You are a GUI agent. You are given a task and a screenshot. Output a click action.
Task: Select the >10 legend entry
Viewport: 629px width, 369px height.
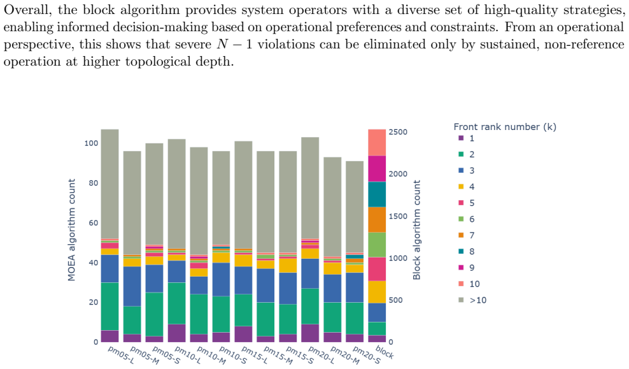pos(472,300)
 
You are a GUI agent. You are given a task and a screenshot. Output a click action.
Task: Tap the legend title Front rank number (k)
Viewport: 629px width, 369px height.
pos(505,127)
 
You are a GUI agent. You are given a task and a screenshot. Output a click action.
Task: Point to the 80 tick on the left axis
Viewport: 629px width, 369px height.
pos(94,183)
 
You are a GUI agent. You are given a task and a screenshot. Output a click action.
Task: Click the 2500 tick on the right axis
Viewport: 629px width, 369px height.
pos(397,132)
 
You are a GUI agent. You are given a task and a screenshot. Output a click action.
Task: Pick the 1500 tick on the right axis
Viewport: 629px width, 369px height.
pos(397,217)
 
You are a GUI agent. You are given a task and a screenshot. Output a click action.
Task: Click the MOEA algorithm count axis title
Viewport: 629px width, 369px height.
pos(71,230)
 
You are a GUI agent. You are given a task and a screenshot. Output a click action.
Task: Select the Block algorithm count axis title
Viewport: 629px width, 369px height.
pos(417,230)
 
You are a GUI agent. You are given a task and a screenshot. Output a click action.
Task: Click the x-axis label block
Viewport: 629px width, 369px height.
pos(385,352)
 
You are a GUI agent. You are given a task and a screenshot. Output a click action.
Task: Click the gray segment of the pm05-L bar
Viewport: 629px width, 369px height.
pos(110,184)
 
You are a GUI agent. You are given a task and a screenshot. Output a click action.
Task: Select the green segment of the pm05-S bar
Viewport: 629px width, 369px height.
pos(154,314)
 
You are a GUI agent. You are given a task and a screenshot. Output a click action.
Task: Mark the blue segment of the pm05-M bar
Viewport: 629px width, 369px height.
pos(132,286)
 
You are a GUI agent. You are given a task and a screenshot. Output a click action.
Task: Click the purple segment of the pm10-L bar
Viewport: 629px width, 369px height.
pos(176,333)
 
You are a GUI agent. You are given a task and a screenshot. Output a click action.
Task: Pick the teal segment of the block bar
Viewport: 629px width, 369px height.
pos(377,194)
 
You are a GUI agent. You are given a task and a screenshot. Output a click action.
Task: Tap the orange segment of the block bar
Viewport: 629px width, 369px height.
pos(377,220)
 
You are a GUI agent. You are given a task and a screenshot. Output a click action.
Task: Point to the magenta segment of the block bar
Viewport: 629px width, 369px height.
pos(377,169)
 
